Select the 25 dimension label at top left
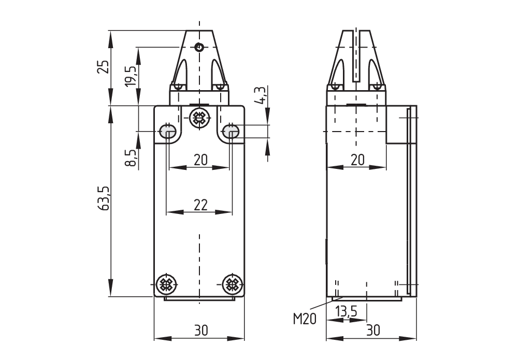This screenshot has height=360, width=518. (x=104, y=67)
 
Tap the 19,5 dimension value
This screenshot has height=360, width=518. (x=131, y=76)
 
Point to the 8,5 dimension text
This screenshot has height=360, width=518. (x=131, y=157)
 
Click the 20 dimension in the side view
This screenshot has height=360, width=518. (x=357, y=160)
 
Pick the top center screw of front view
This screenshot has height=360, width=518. (x=199, y=118)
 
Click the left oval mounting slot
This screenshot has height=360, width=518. (x=168, y=132)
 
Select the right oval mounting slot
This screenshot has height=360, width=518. (x=231, y=132)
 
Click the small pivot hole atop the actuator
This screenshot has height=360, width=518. (x=199, y=48)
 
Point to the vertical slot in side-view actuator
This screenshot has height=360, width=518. (x=356, y=57)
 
